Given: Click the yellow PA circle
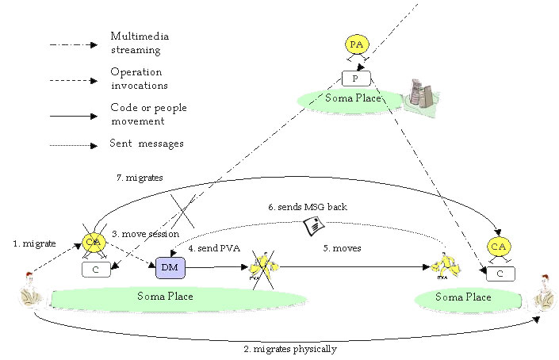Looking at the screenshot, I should click(356, 45).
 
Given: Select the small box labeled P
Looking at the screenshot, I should click(356, 79).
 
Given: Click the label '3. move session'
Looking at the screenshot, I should click(144, 234).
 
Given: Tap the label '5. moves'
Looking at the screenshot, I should click(342, 247).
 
